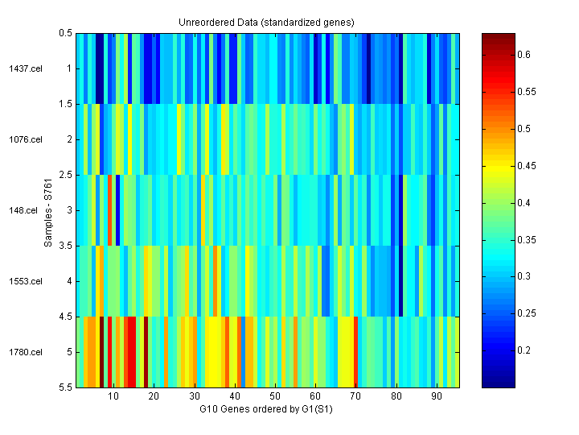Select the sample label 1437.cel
(x=21, y=68)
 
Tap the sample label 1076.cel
(x=21, y=139)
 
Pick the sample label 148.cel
(x=23, y=210)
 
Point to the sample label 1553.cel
(x=21, y=281)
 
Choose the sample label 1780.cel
(x=21, y=352)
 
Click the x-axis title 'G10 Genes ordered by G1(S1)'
(x=266, y=409)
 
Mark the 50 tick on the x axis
(x=275, y=396)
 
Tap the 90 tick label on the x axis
(x=437, y=396)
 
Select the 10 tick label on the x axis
(x=113, y=396)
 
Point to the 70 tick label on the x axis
(x=355, y=396)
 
